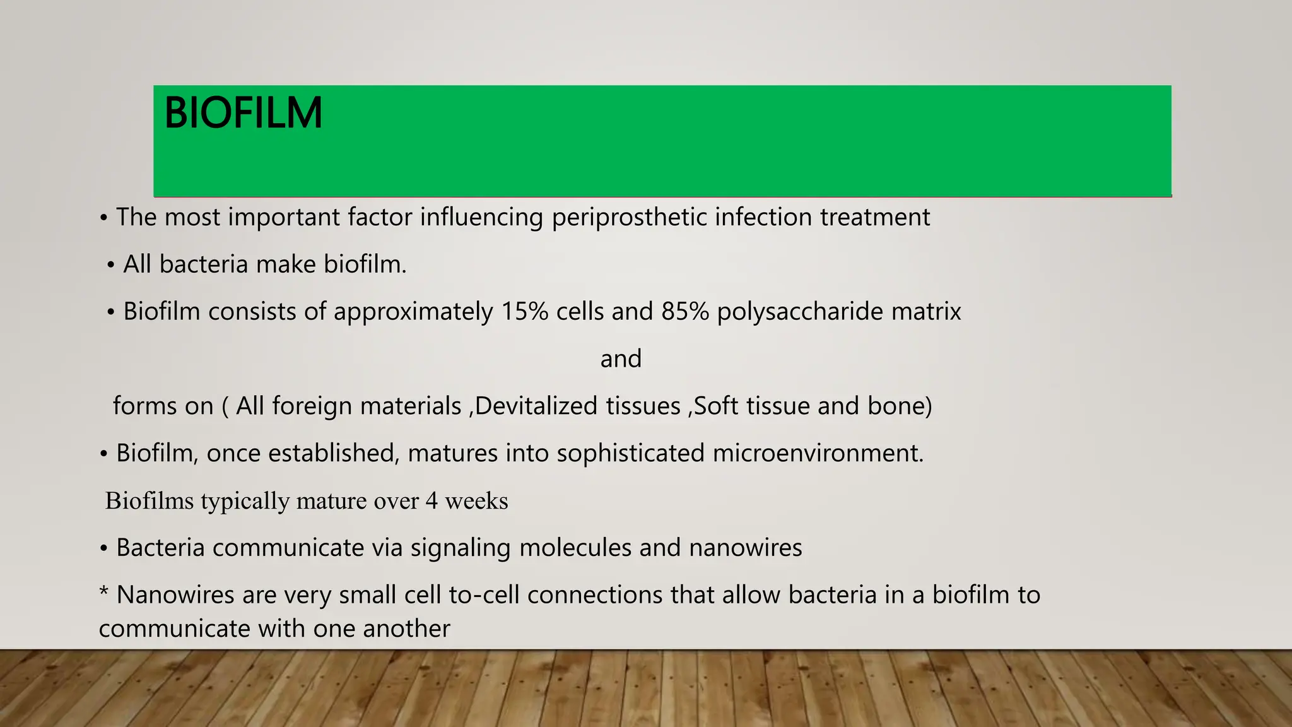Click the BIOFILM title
(x=243, y=114)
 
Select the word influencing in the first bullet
(x=481, y=218)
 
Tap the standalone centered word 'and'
(x=621, y=359)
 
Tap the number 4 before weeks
(x=432, y=501)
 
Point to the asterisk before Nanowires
(x=104, y=593)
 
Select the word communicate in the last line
(x=165, y=629)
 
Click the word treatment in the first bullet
(x=874, y=218)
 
